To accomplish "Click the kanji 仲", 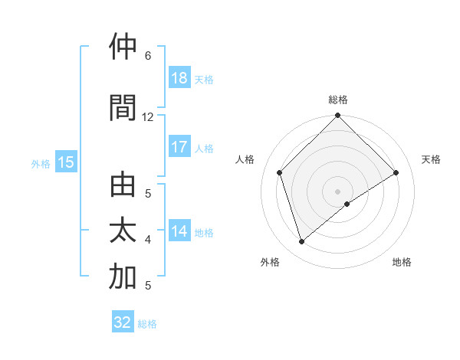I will pyautogui.click(x=123, y=47).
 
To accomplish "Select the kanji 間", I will pyautogui.click(x=123, y=109).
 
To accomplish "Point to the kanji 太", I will pyautogui.click(x=123, y=231).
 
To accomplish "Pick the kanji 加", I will pyautogui.click(x=123, y=277).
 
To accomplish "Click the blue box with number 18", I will pyautogui.click(x=179, y=78).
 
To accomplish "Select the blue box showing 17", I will pyautogui.click(x=179, y=147).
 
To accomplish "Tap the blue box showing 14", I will pyautogui.click(x=179, y=231).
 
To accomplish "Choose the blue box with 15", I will pyautogui.click(x=65, y=162).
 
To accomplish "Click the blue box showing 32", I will pyautogui.click(x=123, y=322).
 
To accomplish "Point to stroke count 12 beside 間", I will pyautogui.click(x=148, y=117).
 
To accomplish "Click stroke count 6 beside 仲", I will pyautogui.click(x=148, y=56).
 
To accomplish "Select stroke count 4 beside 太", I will pyautogui.click(x=148, y=240).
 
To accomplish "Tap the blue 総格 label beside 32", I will pyautogui.click(x=147, y=324).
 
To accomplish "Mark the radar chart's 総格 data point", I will pyautogui.click(x=337, y=116).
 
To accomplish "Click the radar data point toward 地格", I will pyautogui.click(x=347, y=204).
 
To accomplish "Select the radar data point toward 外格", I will pyautogui.click(x=301, y=242).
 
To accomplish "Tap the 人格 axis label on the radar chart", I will pyautogui.click(x=245, y=159).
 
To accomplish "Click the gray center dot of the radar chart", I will pyautogui.click(x=337, y=191).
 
